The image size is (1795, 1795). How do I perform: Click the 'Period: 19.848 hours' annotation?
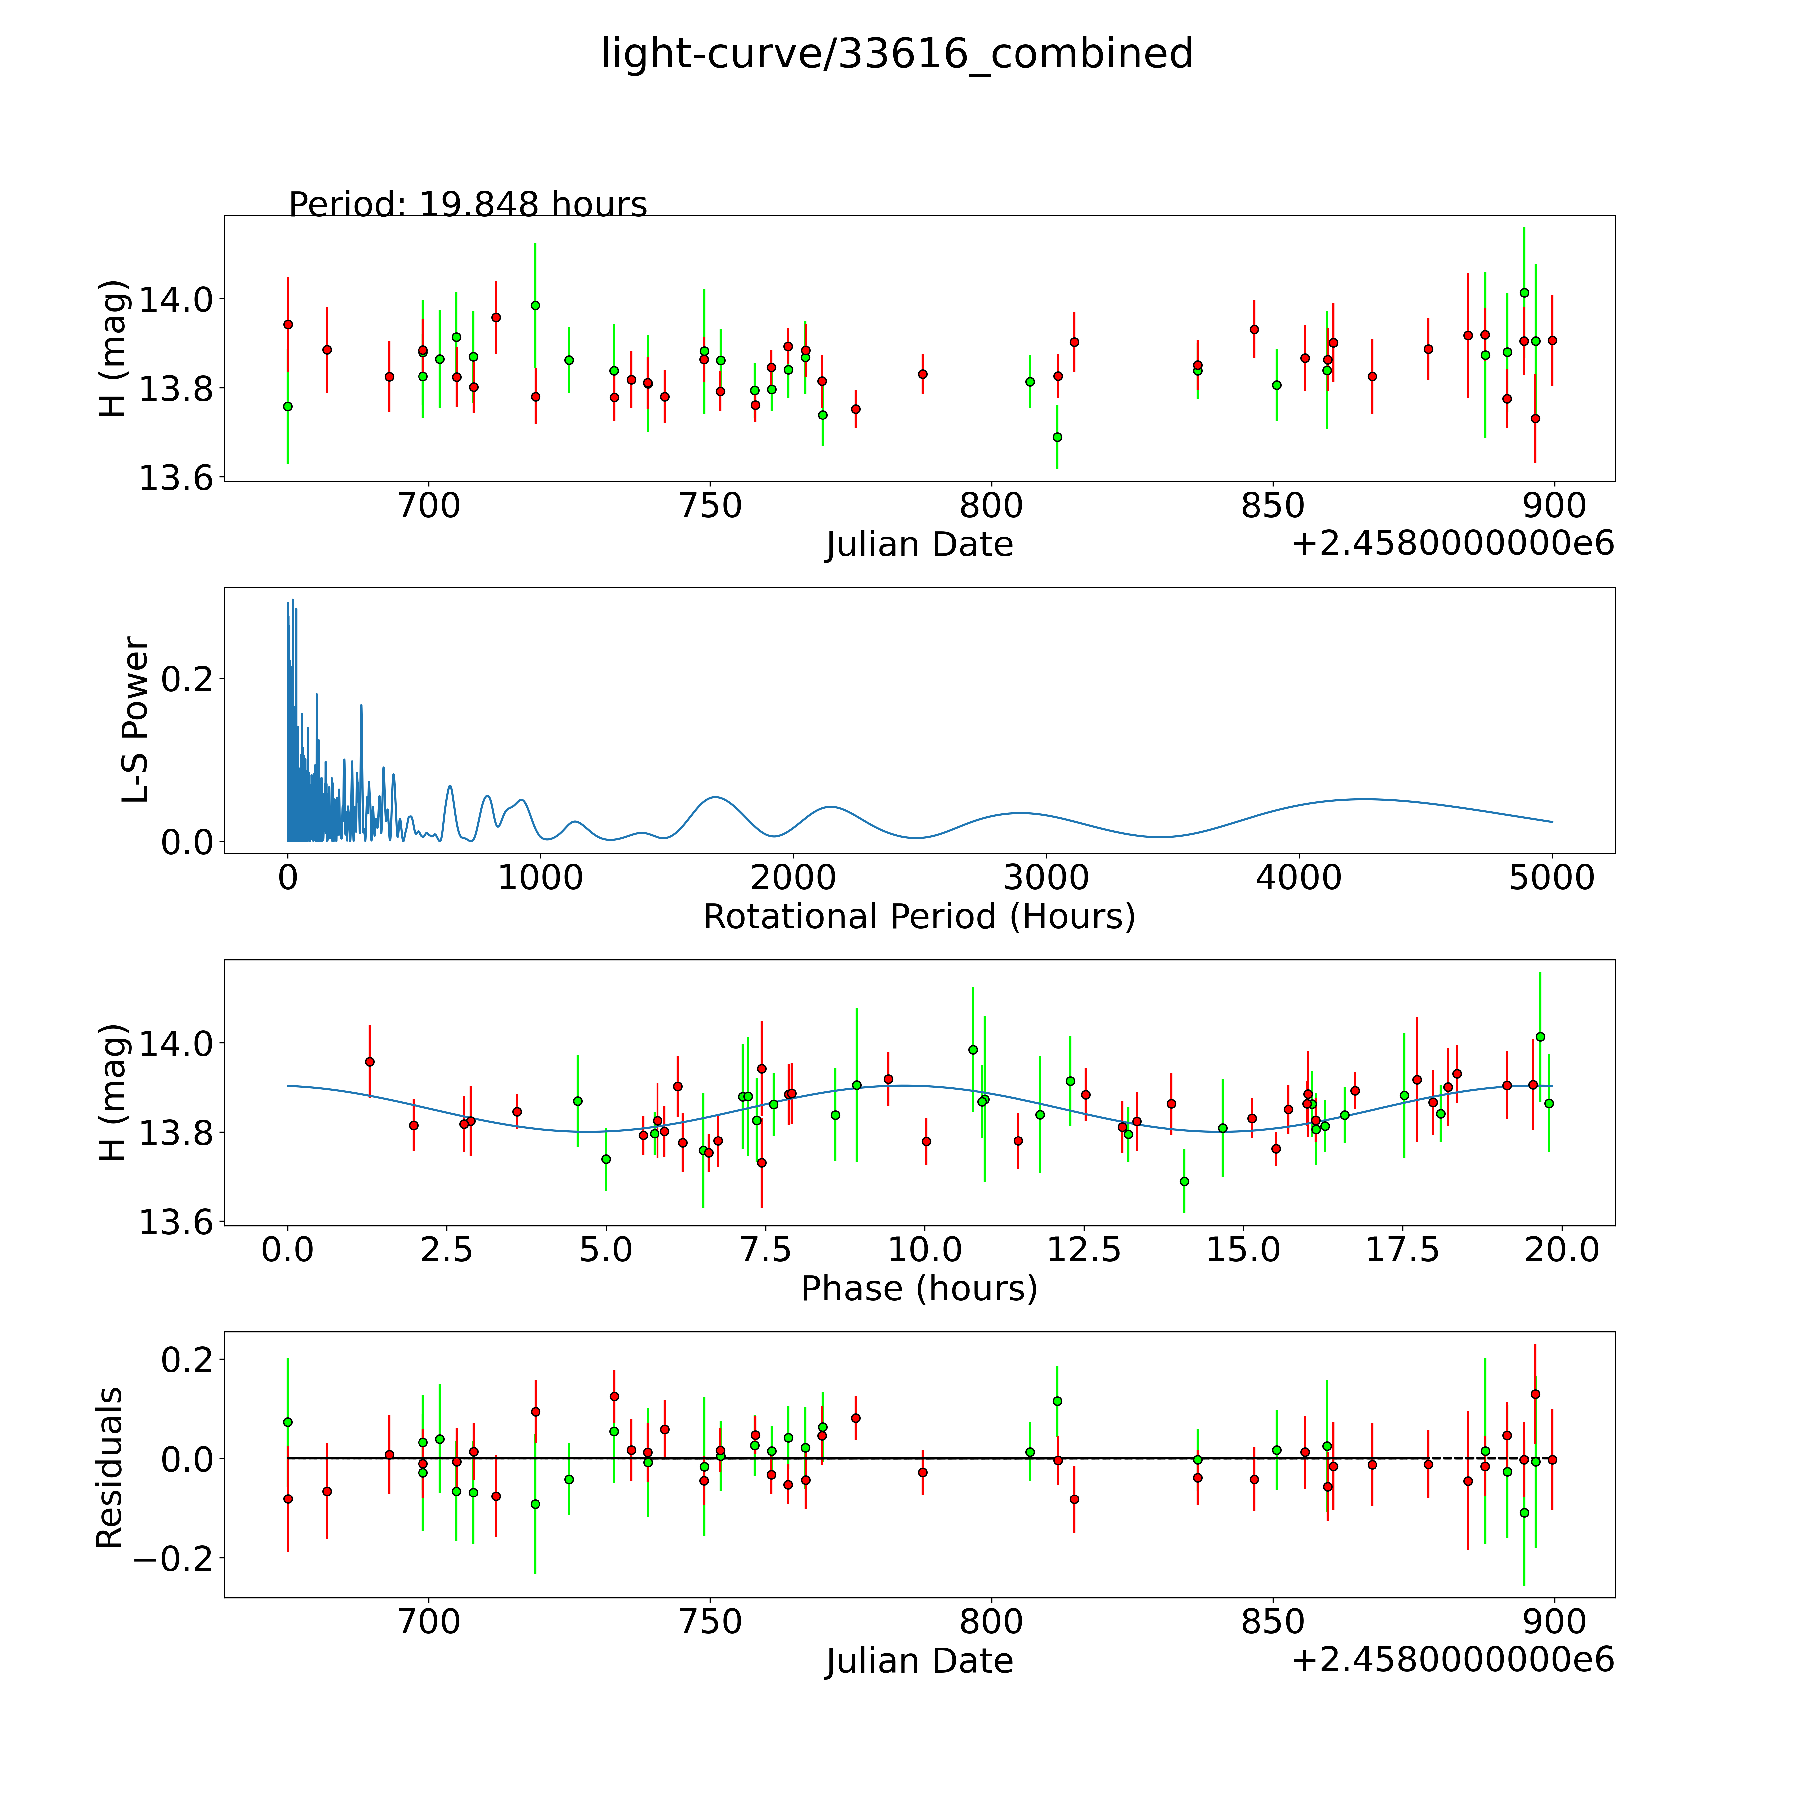[467, 204]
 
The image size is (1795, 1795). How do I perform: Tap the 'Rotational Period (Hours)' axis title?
[919, 917]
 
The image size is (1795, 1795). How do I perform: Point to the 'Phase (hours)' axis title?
[919, 1289]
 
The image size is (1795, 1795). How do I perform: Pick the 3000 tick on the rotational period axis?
[1046, 877]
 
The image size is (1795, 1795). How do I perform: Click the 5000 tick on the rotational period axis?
[1552, 877]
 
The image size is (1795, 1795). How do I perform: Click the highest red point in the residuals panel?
[1535, 1394]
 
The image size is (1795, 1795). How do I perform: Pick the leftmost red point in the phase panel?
[370, 1061]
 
